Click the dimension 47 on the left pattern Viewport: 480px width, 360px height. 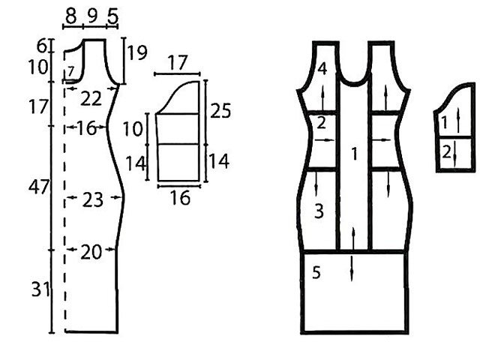(x=38, y=187)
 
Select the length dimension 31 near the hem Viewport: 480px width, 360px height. (x=40, y=289)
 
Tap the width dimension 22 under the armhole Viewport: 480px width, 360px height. (x=91, y=99)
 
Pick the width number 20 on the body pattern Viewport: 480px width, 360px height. (x=91, y=252)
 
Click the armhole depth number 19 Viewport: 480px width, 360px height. (x=137, y=52)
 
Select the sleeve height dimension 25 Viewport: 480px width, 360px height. (x=220, y=111)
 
